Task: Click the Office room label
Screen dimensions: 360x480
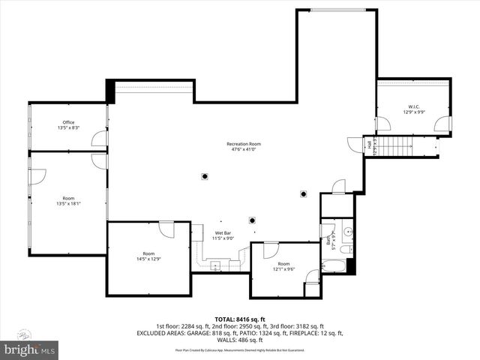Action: tap(68, 125)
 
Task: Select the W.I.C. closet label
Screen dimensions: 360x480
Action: tap(413, 109)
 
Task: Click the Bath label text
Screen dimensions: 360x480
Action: tap(328, 240)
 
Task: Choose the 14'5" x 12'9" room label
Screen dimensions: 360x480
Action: tap(148, 256)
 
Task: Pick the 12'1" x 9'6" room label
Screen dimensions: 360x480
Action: tap(283, 266)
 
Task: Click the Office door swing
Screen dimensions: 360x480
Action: tap(98, 139)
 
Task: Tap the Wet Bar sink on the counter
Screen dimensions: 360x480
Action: tap(216, 263)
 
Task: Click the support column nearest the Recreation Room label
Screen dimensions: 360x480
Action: tap(204, 176)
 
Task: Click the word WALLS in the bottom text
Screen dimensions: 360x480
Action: tap(211, 340)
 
